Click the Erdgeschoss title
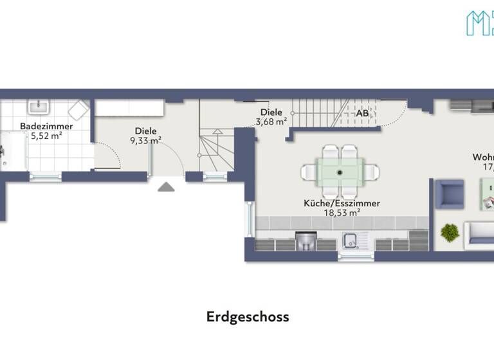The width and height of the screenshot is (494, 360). coord(248,317)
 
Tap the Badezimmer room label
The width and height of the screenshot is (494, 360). coord(46,126)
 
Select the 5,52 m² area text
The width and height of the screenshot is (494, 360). coord(46,136)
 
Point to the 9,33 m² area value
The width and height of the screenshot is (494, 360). coord(145,140)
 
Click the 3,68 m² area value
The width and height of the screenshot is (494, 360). coord(271,122)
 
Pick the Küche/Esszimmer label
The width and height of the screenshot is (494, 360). coord(342,203)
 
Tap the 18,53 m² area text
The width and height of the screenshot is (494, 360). coord(342,213)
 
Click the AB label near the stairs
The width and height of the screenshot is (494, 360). coord(363,114)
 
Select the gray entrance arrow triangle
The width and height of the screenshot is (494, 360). coord(166,186)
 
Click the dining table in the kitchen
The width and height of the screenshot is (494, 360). coord(340,172)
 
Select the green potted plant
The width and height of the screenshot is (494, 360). coord(450,231)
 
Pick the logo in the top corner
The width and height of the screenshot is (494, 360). coord(479,22)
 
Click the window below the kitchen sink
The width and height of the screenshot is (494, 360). coord(356,256)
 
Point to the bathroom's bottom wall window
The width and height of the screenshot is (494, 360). coord(45,175)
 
